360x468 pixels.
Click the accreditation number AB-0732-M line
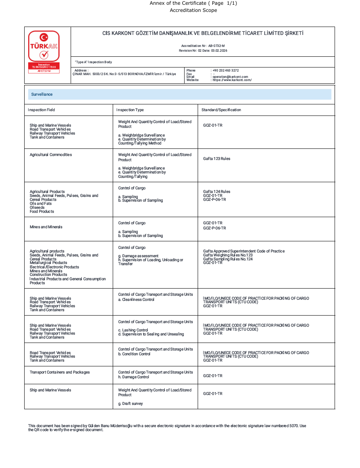(203, 46)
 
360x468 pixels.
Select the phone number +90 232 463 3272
(226, 70)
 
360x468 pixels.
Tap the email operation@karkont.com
(230, 77)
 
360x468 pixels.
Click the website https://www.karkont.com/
(232, 80)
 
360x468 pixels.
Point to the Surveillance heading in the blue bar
(42, 94)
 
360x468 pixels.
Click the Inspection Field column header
(42, 110)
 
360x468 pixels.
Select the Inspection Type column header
(130, 110)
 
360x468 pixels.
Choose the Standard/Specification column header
(221, 110)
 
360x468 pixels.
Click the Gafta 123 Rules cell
(217, 159)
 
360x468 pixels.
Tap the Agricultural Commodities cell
(51, 155)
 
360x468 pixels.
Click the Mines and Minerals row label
(46, 227)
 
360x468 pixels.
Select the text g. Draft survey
(131, 404)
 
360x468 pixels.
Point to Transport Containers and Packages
(60, 372)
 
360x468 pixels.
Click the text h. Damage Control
(134, 377)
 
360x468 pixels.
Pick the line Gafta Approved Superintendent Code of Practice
(244, 251)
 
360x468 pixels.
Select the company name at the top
(203, 33)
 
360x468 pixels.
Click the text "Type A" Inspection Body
(94, 62)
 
